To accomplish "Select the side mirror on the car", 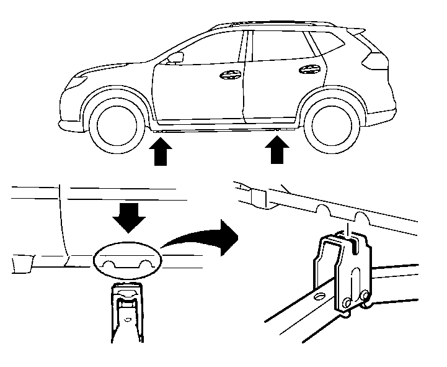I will [x=175, y=58].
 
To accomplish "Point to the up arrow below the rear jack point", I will [x=275, y=150].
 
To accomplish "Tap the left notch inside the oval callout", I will [x=109, y=264].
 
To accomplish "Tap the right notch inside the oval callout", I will [x=146, y=263].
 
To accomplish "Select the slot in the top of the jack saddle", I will [x=351, y=245].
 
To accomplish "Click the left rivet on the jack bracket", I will [x=347, y=302].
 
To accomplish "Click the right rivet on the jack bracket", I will [x=365, y=294].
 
